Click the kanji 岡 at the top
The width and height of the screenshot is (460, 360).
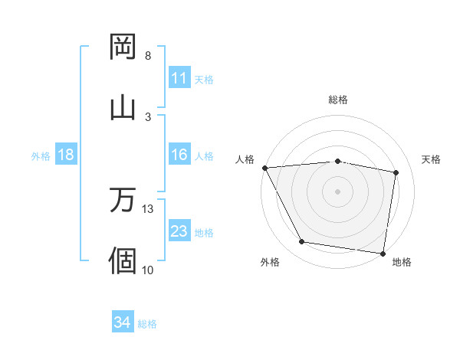[x=123, y=47]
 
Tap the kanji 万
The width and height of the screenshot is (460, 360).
[x=123, y=201]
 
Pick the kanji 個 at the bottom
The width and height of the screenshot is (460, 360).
[x=123, y=260]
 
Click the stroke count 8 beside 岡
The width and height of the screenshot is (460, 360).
[x=148, y=56]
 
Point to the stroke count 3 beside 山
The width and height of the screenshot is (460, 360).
[x=148, y=116]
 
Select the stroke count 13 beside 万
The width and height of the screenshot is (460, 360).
[x=148, y=209]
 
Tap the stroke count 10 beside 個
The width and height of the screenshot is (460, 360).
[x=148, y=269]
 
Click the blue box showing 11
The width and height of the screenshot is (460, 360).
[x=179, y=78]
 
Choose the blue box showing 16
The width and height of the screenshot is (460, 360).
[x=179, y=155]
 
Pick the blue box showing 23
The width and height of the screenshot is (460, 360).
[x=179, y=231]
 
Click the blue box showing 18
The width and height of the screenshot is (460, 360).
[x=66, y=155]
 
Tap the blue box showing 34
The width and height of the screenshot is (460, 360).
[x=122, y=322]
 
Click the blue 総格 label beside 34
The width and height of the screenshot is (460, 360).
[x=147, y=324]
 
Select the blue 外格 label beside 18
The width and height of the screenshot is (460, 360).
[x=41, y=156]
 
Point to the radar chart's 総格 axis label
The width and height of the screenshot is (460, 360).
[x=338, y=100]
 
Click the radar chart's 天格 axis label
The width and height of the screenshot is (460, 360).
[x=431, y=159]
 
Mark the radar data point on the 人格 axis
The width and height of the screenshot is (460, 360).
[x=264, y=167]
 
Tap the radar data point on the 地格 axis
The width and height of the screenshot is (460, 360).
[x=383, y=252]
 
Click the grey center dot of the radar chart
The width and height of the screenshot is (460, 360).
[x=337, y=191]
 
